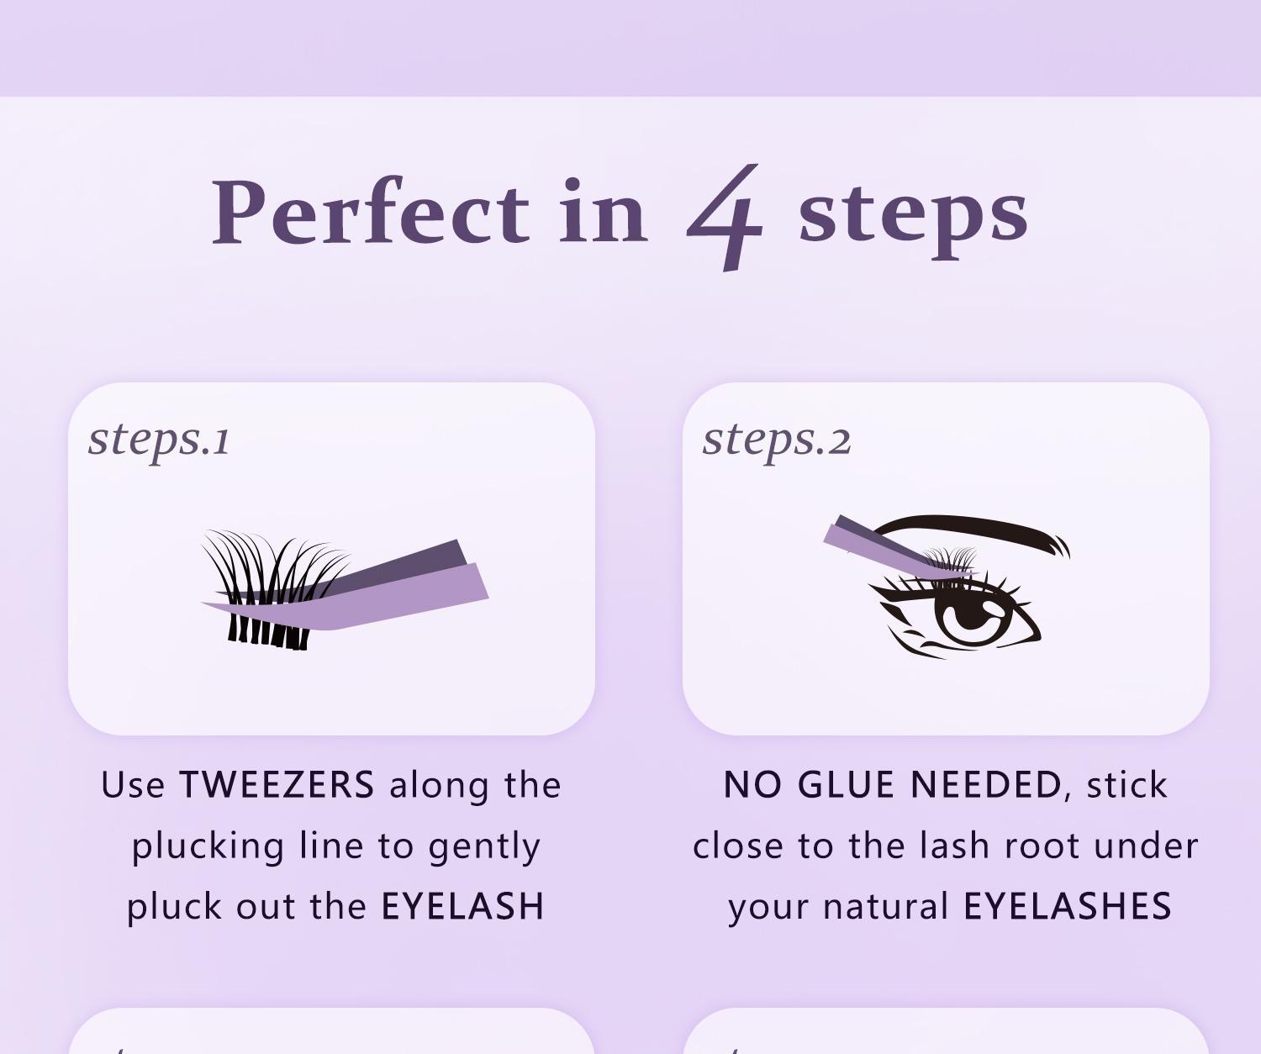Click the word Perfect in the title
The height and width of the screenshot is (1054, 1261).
[x=370, y=212]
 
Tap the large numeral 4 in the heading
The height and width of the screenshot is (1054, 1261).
[x=725, y=217]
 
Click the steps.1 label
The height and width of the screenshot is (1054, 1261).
[x=159, y=440]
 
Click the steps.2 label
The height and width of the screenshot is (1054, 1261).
[x=777, y=440]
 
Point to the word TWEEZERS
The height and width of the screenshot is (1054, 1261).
[x=277, y=785]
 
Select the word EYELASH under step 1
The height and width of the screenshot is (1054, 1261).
[x=462, y=907]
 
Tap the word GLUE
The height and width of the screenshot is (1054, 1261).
[x=846, y=785]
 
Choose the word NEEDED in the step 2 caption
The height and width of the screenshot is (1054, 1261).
[x=985, y=785]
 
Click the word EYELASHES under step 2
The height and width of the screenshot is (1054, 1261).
[x=1067, y=907]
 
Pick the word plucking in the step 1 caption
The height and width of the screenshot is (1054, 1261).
[x=208, y=846]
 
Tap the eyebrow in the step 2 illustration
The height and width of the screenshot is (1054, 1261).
[x=975, y=529]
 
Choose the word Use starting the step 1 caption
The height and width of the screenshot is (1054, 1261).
[x=133, y=785]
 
